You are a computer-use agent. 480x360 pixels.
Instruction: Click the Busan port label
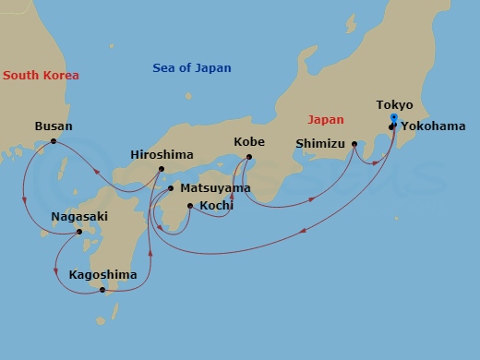tap(53, 126)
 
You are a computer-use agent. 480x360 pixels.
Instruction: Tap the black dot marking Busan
tap(54, 141)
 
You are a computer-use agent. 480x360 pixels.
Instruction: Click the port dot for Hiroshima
tap(162, 169)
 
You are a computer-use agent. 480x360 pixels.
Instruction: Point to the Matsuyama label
tap(215, 188)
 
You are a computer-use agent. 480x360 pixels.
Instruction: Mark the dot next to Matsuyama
tap(171, 188)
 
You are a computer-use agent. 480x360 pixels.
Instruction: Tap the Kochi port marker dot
tap(189, 206)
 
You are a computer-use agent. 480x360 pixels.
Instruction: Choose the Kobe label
tap(250, 143)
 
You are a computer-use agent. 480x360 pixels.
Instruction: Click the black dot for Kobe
tap(249, 158)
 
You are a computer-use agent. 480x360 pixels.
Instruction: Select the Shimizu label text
tap(319, 143)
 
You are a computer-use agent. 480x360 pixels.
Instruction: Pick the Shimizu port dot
tap(354, 144)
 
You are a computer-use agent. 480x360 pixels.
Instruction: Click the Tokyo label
tap(395, 105)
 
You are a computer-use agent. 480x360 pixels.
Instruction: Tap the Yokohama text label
tap(434, 126)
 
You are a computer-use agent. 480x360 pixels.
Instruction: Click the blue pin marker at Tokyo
tap(394, 119)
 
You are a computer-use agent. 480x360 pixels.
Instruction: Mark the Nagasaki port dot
tap(79, 232)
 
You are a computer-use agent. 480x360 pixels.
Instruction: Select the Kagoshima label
tap(102, 275)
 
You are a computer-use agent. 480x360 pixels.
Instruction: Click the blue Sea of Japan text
tap(191, 68)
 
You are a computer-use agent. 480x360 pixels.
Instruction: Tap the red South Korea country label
tap(41, 76)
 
